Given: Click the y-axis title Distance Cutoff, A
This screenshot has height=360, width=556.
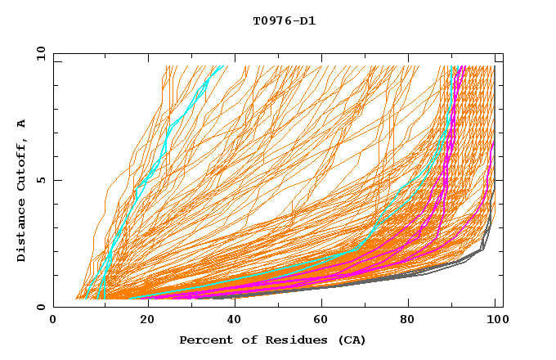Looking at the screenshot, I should pos(21,190).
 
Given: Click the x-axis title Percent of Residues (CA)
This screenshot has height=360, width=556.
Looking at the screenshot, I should pos(272,340).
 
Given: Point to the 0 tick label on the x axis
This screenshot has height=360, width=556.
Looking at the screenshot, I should pos(54,322).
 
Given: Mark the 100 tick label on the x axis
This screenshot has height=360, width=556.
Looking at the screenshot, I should pos(495,322).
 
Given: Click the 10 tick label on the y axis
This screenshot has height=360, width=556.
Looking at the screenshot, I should pos(40,54).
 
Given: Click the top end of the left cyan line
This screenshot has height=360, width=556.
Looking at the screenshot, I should pos(222,66).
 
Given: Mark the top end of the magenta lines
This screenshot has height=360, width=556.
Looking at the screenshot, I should pos(462,66).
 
